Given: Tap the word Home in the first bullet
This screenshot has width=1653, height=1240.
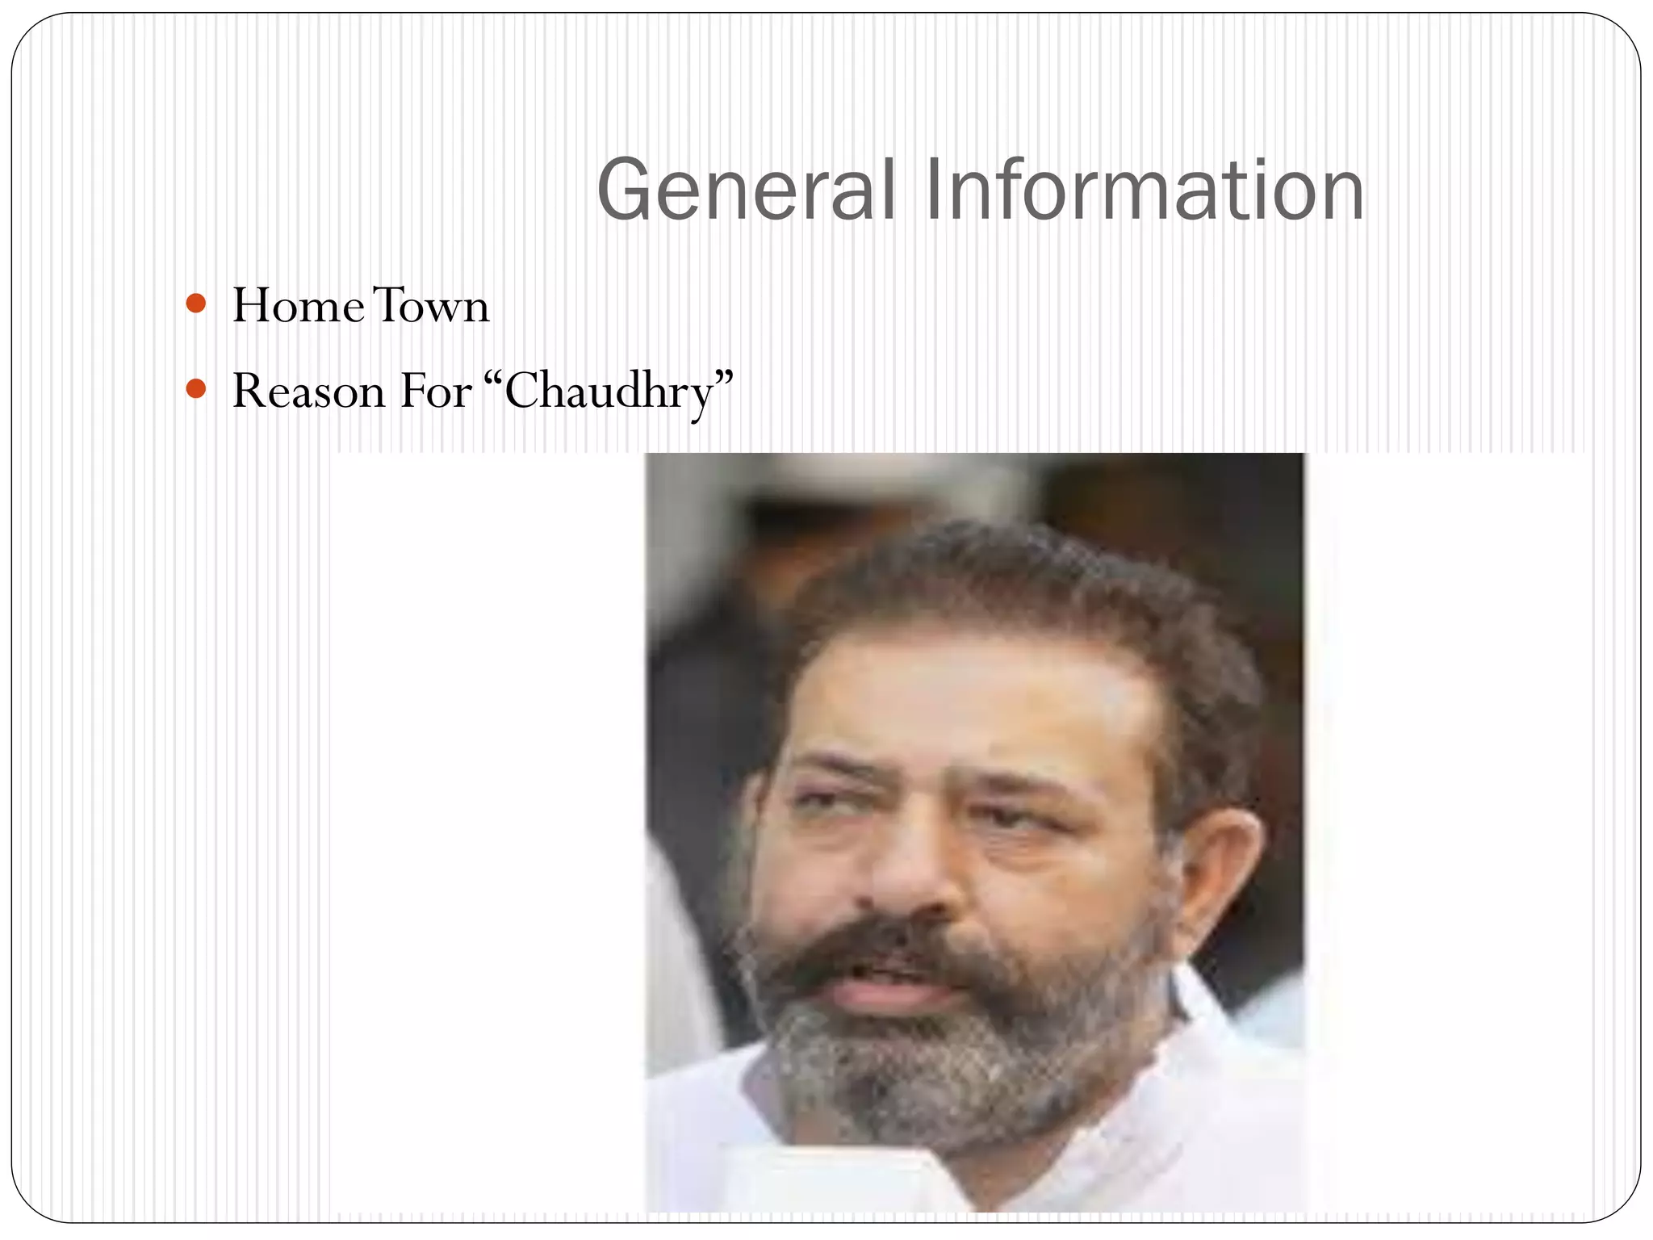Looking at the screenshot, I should [297, 306].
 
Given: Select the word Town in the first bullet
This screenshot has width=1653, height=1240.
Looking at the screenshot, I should [431, 306].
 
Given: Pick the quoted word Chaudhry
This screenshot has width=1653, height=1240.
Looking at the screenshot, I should [609, 393].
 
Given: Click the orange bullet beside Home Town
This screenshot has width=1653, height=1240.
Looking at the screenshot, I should [195, 304].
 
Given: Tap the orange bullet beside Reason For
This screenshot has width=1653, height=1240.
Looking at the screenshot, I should [195, 390].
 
